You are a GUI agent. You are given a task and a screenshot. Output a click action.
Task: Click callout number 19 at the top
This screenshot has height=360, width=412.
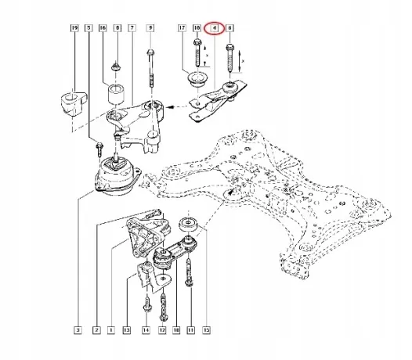click(75, 28)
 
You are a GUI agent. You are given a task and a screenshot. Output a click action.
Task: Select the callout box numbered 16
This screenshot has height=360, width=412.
click(103, 28)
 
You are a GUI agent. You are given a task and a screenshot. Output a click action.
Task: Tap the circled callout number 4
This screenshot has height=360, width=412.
click(215, 28)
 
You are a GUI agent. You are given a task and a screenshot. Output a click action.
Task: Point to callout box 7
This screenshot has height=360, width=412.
click(132, 28)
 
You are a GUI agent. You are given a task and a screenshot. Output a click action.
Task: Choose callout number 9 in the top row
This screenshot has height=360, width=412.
click(150, 28)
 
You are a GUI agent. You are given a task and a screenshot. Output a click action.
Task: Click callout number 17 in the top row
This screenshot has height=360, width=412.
click(182, 28)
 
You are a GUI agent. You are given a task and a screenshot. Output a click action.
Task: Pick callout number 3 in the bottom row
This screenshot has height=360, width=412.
click(78, 329)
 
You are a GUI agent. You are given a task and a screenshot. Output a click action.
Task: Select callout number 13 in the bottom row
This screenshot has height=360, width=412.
click(127, 329)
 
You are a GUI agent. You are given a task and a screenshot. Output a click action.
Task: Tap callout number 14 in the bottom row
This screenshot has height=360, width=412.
click(146, 329)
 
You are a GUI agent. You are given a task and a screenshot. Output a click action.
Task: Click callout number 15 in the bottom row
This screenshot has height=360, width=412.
click(207, 329)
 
